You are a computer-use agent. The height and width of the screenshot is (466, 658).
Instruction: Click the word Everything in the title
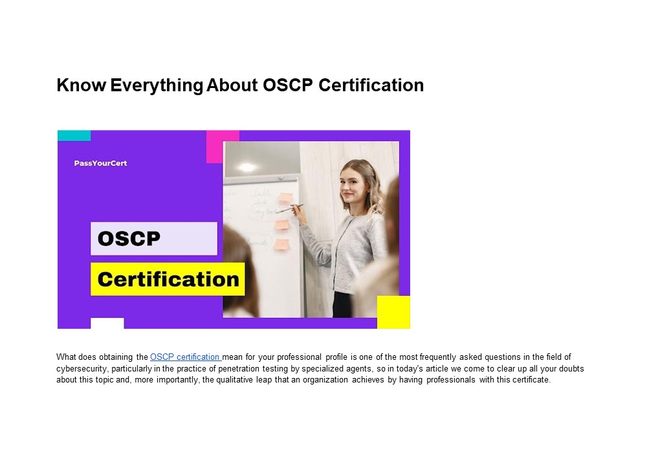click(x=156, y=85)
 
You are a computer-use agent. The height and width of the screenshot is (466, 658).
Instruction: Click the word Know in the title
click(x=81, y=85)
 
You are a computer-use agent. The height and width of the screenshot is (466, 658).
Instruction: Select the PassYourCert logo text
click(x=100, y=163)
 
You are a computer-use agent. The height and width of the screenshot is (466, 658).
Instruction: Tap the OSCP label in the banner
click(x=129, y=238)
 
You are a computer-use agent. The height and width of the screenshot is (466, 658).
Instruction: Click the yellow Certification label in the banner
click(x=168, y=280)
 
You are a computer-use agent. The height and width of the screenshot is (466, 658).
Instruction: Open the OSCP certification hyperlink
click(x=185, y=357)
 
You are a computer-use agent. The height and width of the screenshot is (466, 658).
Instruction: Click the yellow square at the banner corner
click(x=393, y=312)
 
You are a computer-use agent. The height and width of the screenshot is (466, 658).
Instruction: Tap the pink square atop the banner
click(x=223, y=146)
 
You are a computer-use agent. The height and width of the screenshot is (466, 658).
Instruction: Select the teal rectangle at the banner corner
click(x=74, y=135)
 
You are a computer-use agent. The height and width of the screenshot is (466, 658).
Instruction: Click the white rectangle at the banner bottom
click(x=107, y=323)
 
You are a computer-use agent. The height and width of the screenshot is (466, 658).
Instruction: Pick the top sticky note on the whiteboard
click(x=285, y=197)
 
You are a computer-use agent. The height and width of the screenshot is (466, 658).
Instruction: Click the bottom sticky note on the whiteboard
click(x=281, y=245)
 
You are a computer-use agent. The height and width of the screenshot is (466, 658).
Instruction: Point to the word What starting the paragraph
click(x=66, y=357)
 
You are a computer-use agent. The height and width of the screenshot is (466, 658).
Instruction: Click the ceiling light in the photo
click(x=247, y=167)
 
